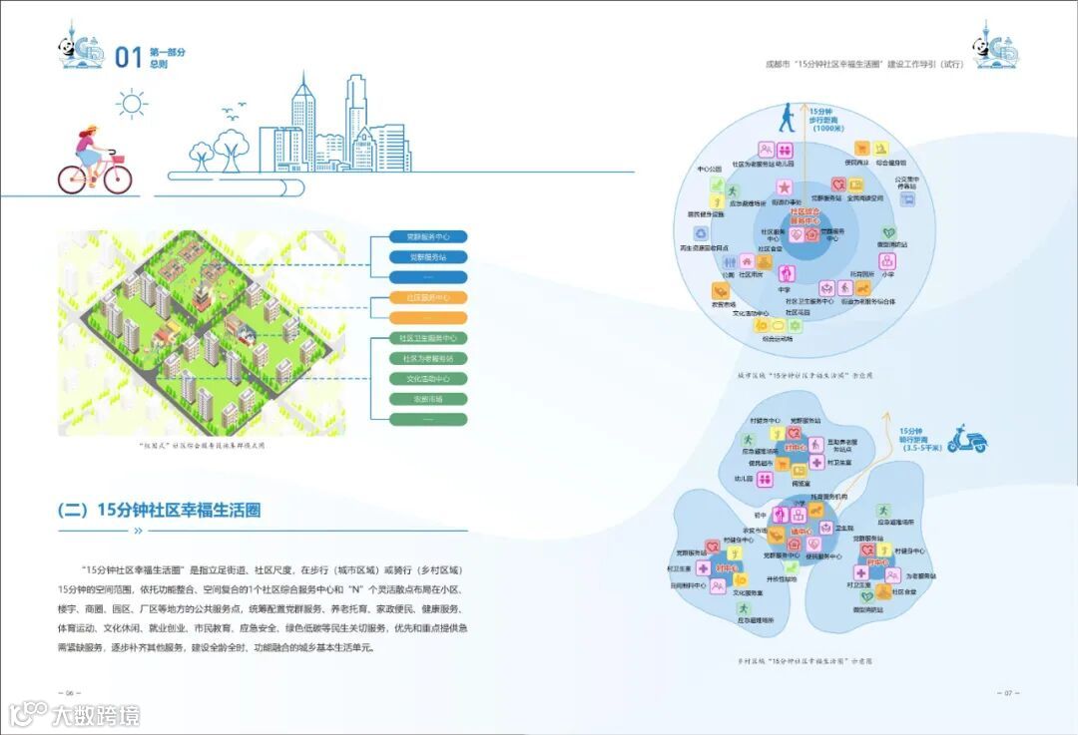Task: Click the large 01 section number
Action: click(129, 57)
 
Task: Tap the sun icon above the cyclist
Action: click(131, 103)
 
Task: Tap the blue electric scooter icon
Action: click(965, 439)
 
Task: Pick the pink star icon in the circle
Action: click(786, 186)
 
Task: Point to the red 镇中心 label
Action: click(798, 534)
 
